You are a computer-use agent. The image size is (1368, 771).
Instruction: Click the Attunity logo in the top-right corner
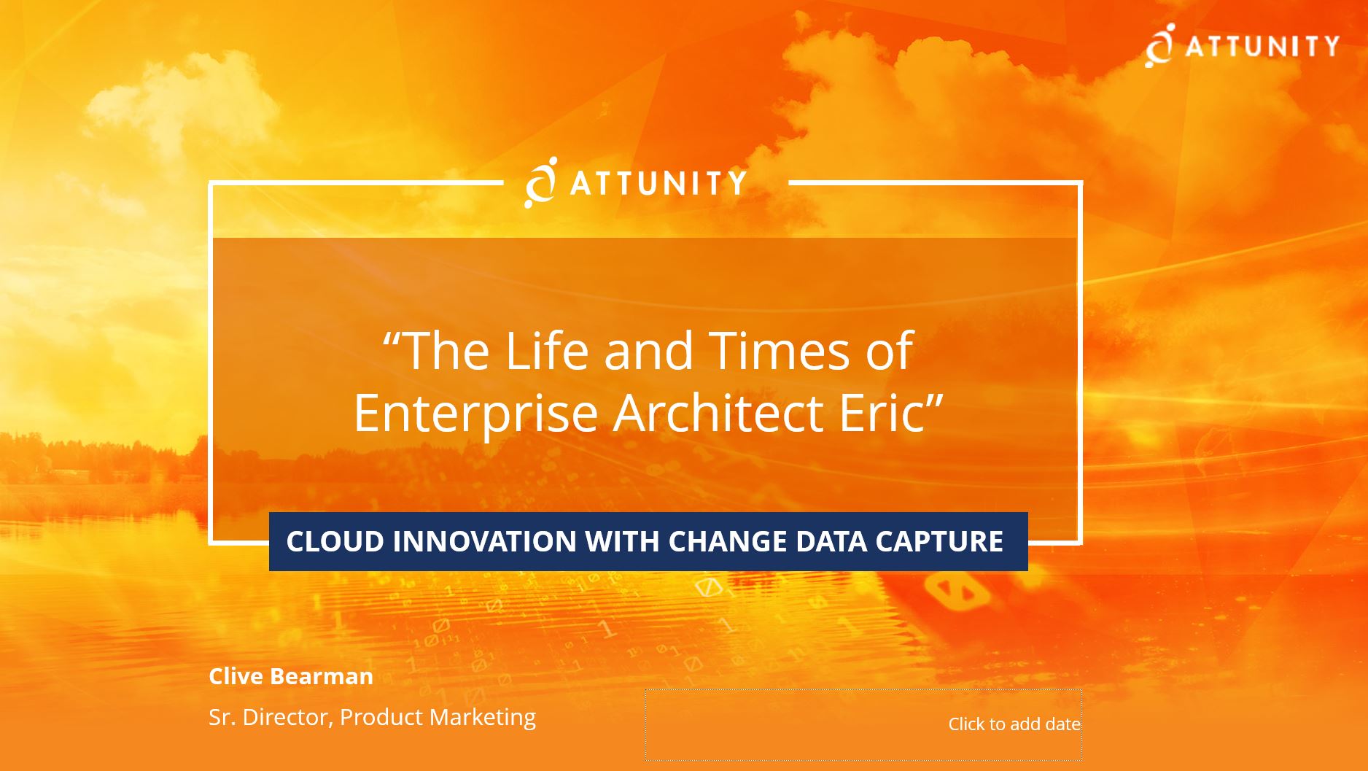point(1242,45)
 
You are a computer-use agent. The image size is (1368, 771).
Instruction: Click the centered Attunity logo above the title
point(635,182)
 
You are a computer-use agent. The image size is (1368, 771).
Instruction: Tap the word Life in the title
point(546,351)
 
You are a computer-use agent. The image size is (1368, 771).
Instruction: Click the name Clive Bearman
point(291,676)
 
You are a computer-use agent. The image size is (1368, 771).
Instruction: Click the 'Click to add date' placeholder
point(1014,724)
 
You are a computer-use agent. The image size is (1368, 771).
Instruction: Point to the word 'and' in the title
point(648,351)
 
